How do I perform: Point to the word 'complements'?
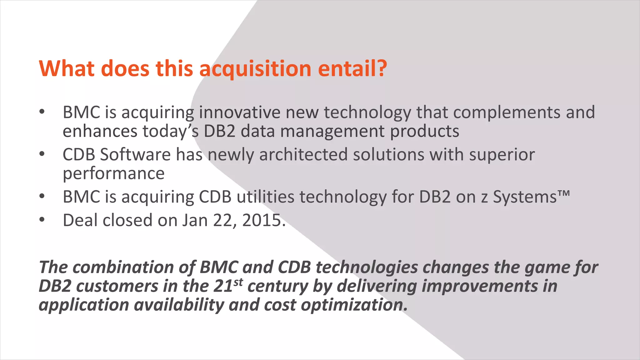click(x=507, y=113)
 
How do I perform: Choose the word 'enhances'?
click(x=100, y=131)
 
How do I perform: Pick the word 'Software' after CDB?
click(x=135, y=154)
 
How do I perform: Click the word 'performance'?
click(x=113, y=174)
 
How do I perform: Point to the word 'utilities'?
click(x=265, y=197)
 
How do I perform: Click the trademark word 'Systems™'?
click(x=531, y=197)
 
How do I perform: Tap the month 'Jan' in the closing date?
click(x=195, y=220)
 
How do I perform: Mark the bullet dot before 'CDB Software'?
click(x=42, y=154)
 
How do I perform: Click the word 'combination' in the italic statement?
click(x=123, y=267)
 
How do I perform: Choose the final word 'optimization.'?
click(x=354, y=305)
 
